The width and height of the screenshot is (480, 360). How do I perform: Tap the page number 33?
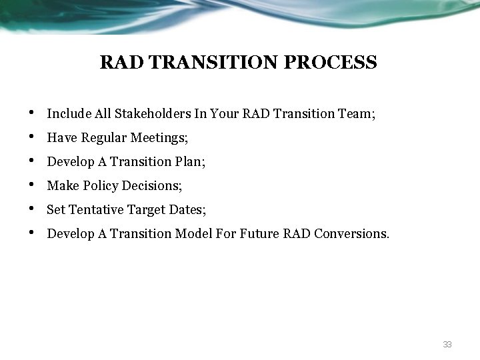click(x=447, y=345)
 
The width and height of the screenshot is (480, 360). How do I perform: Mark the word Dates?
click(x=187, y=210)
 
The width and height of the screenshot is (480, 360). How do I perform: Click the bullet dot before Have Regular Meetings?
click(x=33, y=137)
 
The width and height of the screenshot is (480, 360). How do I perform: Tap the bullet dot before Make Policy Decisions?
click(x=33, y=185)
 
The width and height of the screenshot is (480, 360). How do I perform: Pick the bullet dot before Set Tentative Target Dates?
click(x=33, y=209)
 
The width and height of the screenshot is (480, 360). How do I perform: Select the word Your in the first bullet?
click(x=223, y=114)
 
